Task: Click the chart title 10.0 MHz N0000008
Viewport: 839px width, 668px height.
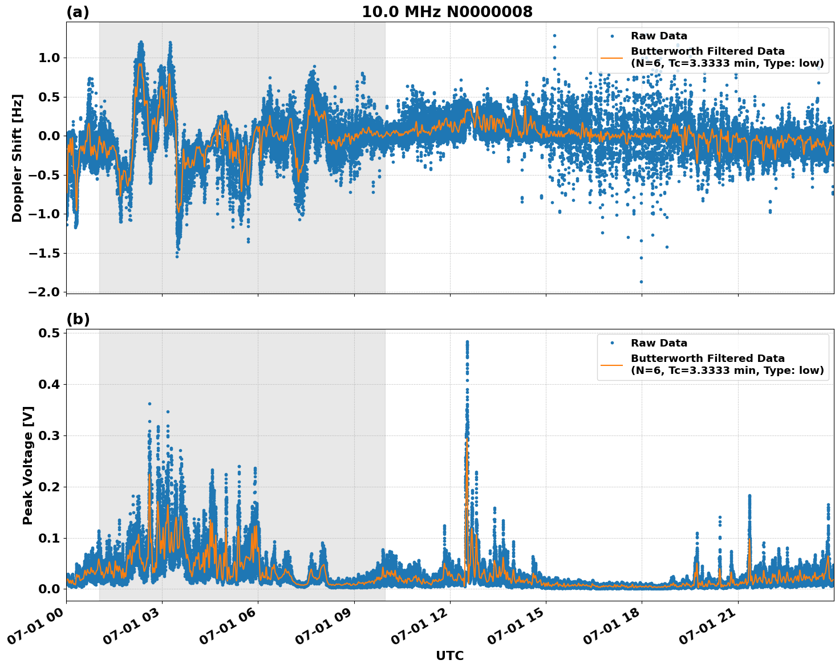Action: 447,12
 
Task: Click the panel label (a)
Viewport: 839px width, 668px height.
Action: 78,12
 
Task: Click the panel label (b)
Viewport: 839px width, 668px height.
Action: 78,319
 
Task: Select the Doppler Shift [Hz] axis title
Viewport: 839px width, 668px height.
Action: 17,158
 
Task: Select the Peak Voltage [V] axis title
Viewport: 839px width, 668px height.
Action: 28,465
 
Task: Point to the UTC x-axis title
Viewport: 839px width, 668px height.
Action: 449,655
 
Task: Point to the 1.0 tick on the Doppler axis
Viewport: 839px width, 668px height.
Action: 50,58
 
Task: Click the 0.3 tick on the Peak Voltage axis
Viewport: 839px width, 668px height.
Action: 50,435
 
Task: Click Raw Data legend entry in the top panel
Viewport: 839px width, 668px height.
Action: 659,36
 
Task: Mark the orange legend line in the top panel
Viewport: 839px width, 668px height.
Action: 611,58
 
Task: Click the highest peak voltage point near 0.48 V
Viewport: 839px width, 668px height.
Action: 467,342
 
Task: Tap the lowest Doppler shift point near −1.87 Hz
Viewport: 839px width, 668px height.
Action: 641,282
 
